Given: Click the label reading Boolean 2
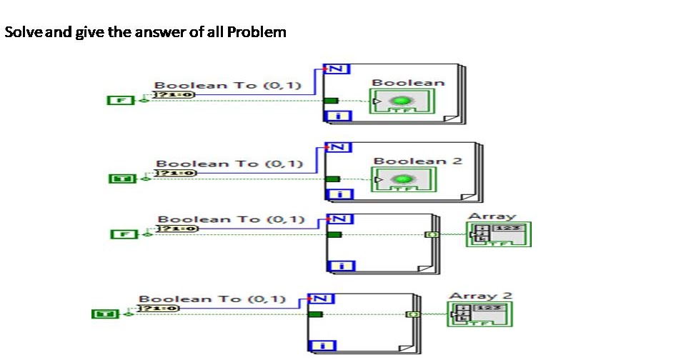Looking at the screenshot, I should (x=417, y=161).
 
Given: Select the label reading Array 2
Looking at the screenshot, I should (x=480, y=296).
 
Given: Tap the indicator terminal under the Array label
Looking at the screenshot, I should (x=498, y=234).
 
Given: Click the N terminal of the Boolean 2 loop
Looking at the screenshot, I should (x=337, y=147).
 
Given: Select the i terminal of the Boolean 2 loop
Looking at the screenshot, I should (x=337, y=195).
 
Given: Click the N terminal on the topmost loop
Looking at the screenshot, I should (x=337, y=69).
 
